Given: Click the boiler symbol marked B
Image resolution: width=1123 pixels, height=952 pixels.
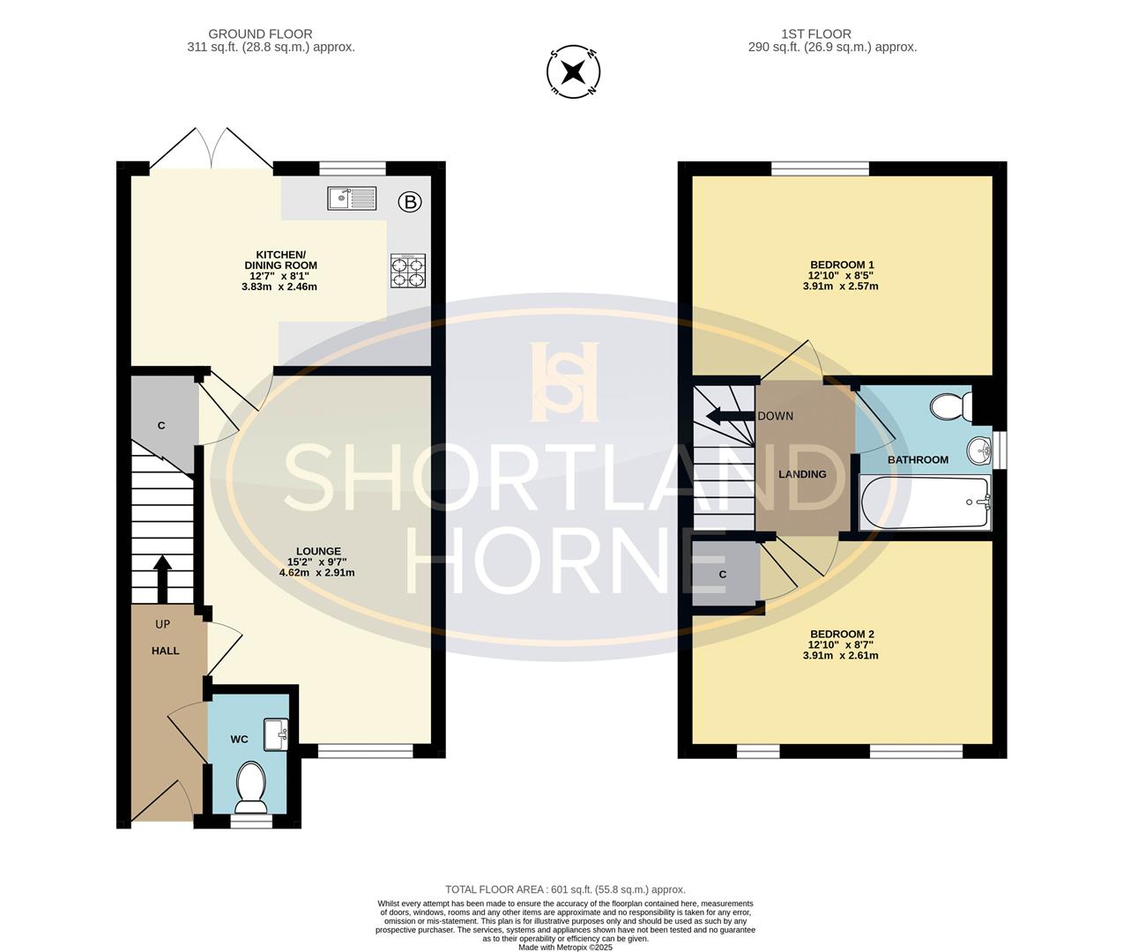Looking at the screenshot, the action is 410,202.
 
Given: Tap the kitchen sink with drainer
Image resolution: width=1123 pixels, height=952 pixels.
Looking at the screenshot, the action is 352,198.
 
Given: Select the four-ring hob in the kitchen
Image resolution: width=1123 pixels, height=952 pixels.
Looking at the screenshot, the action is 408,271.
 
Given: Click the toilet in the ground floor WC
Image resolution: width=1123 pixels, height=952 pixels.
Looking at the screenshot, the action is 251,788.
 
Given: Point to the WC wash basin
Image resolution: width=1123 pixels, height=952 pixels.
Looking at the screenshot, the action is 276,734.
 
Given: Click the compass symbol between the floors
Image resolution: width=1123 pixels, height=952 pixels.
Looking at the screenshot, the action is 573,71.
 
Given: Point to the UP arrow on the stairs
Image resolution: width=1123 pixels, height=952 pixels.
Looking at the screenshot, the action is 162,579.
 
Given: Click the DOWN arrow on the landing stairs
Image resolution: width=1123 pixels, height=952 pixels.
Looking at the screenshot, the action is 732,417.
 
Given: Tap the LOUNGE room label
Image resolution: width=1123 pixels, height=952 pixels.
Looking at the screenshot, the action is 318,551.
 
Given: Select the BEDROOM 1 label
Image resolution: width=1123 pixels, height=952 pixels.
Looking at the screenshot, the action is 841,264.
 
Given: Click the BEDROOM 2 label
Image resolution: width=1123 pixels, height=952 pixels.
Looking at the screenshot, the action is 842,634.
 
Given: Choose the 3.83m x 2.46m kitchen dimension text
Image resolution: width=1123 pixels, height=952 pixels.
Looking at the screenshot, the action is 279,286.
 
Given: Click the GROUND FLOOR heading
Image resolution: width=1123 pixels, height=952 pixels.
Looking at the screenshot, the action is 260,34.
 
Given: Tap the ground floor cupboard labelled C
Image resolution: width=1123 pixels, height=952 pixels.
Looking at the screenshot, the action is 161,426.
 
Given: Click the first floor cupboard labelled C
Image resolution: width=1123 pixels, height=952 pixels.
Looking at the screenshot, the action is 723,575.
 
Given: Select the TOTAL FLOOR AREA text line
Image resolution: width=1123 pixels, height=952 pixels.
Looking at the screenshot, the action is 566,889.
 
